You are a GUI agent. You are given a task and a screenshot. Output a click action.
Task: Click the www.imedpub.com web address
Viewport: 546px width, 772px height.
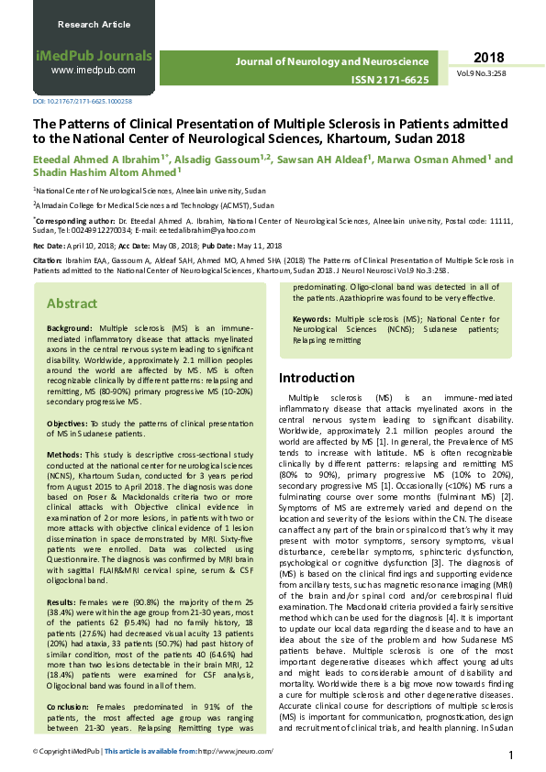pos(93,70)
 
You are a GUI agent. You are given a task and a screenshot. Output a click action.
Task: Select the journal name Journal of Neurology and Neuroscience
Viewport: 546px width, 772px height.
pos(332,61)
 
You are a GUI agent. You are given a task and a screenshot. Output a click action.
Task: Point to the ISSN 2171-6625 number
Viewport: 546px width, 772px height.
pos(390,81)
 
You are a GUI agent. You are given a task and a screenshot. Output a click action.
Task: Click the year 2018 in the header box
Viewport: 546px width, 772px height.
pos(488,58)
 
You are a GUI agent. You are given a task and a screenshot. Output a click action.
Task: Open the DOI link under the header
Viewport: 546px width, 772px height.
pos(83,101)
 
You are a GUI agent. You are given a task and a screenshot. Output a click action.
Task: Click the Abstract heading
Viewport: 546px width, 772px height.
pos(72,303)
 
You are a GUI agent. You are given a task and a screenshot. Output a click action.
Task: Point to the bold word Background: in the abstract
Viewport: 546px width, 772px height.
pos(72,327)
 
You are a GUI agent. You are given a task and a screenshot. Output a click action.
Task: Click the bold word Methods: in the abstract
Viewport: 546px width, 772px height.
pos(64,454)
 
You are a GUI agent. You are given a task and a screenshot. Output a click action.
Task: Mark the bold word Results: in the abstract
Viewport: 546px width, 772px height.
pos(62,578)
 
